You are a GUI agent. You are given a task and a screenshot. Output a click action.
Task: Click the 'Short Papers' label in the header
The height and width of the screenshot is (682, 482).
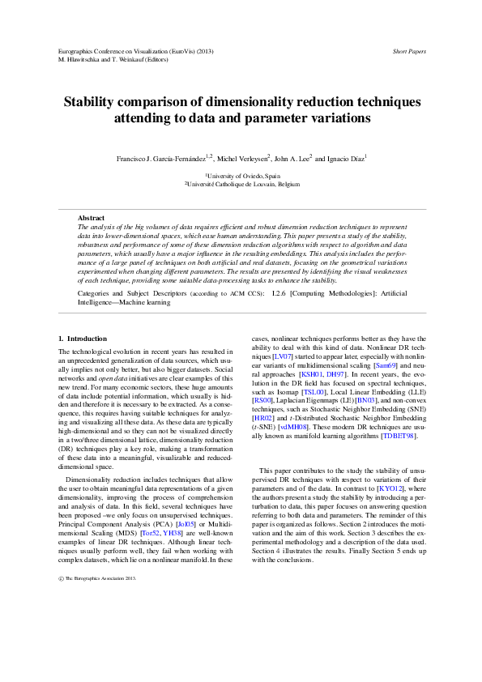(409, 51)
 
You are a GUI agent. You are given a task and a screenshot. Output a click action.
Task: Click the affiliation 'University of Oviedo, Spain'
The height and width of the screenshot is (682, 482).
(243, 176)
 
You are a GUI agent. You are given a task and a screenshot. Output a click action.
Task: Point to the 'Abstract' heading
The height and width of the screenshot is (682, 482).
(91, 218)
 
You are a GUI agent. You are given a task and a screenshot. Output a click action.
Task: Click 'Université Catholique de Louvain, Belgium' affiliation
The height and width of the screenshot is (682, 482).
(244, 184)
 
